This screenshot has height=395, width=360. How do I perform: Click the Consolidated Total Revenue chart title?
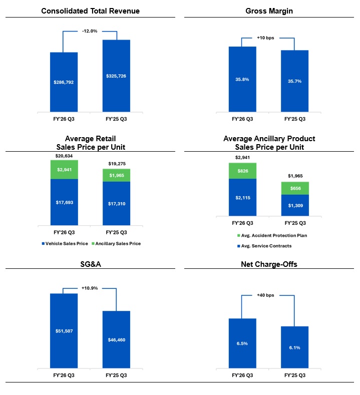point(91,11)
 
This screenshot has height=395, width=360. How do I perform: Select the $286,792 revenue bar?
point(64,82)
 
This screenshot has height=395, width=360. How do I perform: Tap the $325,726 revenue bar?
point(116,76)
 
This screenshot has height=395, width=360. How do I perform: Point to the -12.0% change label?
point(90,31)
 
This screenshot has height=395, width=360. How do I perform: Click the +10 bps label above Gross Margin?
point(268,38)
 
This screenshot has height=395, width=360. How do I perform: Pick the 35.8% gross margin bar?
point(242,79)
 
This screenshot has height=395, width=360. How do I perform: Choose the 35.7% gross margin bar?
point(294,81)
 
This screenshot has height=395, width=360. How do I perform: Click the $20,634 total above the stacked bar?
point(64,156)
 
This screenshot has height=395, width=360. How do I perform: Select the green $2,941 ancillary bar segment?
point(64,170)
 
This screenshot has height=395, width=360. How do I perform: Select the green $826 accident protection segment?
point(242,171)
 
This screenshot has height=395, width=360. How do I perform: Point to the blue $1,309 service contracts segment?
point(294,205)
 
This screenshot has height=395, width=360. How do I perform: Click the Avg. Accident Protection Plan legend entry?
point(271,236)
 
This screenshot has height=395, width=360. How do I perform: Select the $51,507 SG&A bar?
point(64,331)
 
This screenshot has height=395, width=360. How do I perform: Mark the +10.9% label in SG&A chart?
point(90,288)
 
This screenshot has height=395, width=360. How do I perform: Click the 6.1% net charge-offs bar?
point(294,347)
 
